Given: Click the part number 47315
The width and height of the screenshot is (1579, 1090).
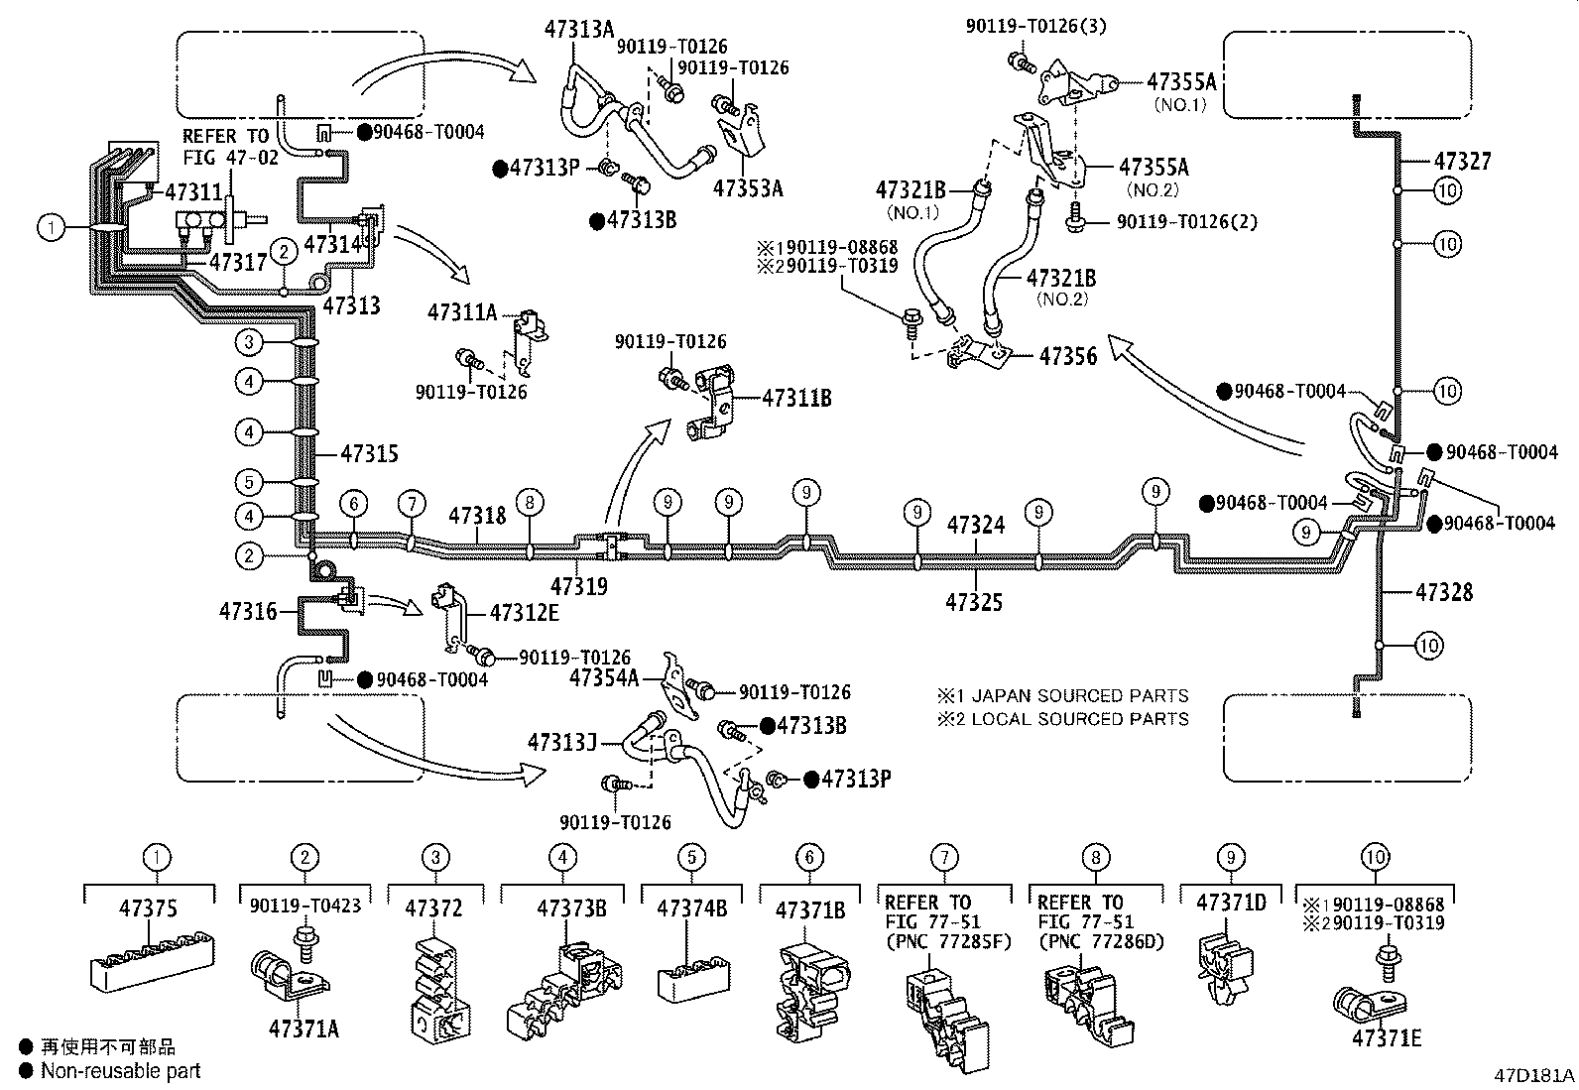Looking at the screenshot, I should click(369, 454).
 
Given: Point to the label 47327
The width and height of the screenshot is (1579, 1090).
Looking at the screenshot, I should click(1462, 161).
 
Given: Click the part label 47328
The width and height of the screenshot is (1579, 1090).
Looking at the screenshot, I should click(1445, 592).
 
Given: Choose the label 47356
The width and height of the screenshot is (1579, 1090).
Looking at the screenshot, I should click(1068, 355).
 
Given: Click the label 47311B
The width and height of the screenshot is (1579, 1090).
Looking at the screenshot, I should click(796, 398).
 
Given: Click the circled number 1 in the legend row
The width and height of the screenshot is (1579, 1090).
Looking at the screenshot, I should click(157, 857).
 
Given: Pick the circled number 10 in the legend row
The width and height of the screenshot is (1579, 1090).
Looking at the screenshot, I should click(1374, 857).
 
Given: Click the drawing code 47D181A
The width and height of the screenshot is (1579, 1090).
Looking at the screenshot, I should click(1534, 1075).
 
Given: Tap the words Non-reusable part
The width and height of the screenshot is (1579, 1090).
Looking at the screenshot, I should click(120, 1070).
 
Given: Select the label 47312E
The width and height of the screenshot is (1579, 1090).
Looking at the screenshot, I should click(524, 612).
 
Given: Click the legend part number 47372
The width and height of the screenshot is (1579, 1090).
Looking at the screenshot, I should click(433, 908).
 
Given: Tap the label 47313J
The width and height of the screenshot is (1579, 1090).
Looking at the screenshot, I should click(561, 742).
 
